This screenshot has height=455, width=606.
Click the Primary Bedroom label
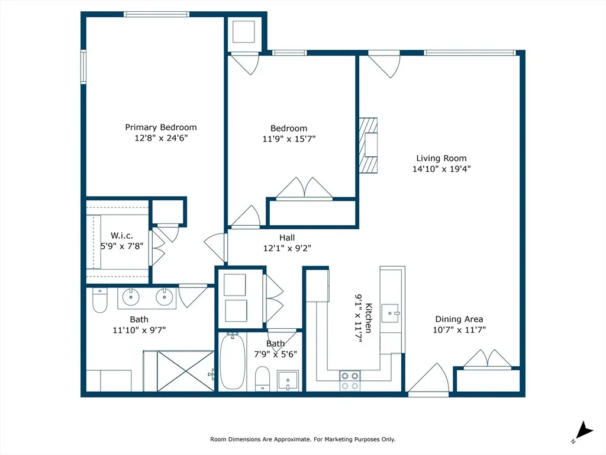[161, 127]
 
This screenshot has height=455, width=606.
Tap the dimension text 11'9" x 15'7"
[289, 139]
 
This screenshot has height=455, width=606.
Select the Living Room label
[441, 158]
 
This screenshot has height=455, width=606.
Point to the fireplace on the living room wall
[368, 145]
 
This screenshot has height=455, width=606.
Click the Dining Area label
[459, 319]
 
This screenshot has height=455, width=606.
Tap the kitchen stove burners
[350, 381]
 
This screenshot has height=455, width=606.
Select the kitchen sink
[391, 313]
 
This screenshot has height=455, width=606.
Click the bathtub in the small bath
[233, 362]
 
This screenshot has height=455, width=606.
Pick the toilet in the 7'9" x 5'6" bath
[262, 379]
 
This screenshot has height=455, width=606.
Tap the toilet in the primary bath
[99, 300]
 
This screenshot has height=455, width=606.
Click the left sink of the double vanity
[131, 297]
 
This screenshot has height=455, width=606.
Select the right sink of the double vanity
[165, 297]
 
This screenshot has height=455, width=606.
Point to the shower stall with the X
[185, 371]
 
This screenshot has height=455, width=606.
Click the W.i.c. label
[122, 236]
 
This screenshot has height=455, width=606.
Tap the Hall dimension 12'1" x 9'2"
[287, 248]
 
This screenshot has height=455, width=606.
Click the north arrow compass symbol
[584, 431]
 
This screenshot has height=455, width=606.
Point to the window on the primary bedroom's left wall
[83, 66]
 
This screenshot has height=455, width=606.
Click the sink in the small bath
[288, 381]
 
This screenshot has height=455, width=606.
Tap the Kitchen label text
[369, 318]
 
